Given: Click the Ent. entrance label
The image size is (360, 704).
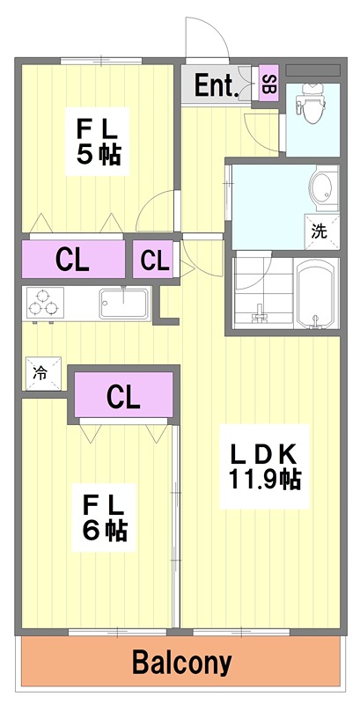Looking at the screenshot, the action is [x=216, y=85].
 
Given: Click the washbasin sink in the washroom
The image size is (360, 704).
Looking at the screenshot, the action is [x=322, y=187].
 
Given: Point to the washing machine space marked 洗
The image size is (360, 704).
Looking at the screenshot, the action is [x=321, y=231].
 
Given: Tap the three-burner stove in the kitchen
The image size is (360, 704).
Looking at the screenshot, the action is [x=44, y=303].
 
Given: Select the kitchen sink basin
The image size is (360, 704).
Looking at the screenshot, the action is [x=123, y=303].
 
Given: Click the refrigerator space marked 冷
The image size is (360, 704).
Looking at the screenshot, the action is [x=42, y=373].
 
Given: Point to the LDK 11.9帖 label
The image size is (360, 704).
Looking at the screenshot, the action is [x=264, y=466].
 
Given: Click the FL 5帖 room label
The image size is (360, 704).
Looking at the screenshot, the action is [x=98, y=142].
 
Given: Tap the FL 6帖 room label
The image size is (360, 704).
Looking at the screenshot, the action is [x=104, y=518].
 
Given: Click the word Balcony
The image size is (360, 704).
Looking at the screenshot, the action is [x=181, y=662].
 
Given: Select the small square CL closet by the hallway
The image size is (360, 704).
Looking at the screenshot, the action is [x=154, y=260].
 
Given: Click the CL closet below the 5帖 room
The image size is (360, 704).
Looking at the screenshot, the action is [x=73, y=260].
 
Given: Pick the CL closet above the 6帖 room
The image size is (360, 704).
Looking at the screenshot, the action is [x=124, y=395].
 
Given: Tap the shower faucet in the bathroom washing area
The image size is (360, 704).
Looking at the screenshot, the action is [x=260, y=315].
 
